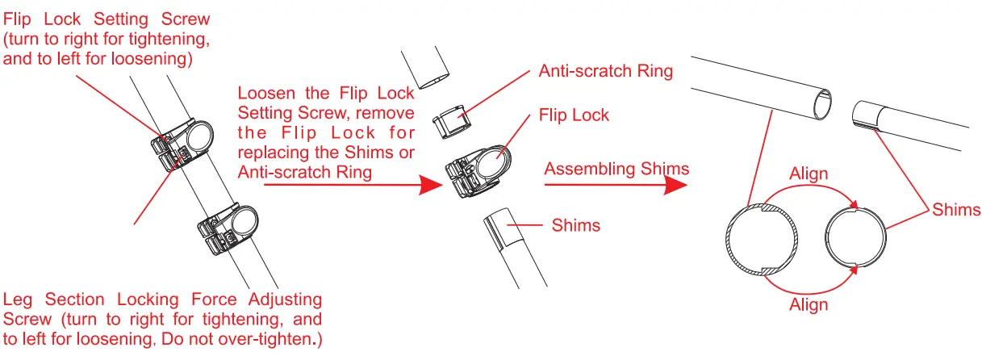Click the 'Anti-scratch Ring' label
[x=605, y=71]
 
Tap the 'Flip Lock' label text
[x=574, y=115]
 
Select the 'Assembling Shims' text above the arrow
[x=616, y=169]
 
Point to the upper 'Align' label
[x=809, y=174]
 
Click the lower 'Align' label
[x=809, y=304]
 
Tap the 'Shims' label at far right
[x=956, y=210]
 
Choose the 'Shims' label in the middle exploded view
[x=575, y=225]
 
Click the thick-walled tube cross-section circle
[x=763, y=241]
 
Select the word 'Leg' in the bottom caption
[x=19, y=300]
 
